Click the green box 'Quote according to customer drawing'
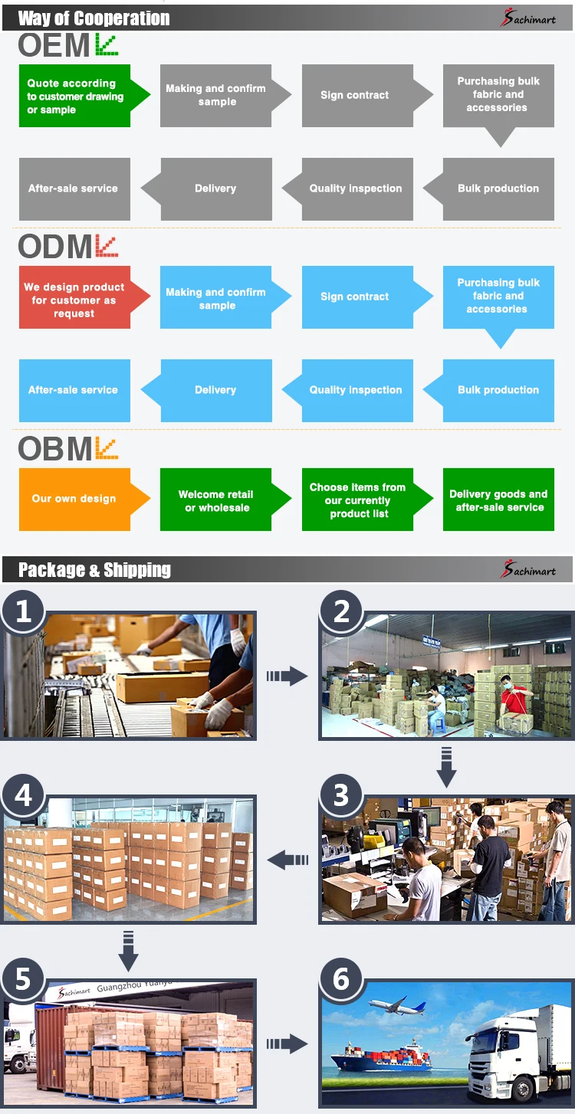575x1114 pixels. tap(74, 96)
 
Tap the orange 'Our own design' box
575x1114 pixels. tap(74, 499)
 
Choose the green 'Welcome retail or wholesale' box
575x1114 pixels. tap(217, 500)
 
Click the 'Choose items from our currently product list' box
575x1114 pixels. tap(358, 500)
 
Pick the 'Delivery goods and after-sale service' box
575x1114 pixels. tap(498, 500)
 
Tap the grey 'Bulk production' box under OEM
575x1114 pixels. tap(498, 188)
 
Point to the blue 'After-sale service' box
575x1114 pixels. tap(74, 390)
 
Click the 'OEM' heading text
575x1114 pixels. tap(54, 46)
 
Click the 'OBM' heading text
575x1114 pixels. tap(55, 449)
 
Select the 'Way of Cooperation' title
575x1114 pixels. tap(94, 18)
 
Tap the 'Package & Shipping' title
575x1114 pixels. tap(94, 570)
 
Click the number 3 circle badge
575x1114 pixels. tap(341, 795)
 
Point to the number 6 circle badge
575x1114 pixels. tap(341, 978)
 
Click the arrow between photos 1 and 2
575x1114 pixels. tap(287, 676)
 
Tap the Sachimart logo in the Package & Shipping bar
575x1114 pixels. tap(528, 570)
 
